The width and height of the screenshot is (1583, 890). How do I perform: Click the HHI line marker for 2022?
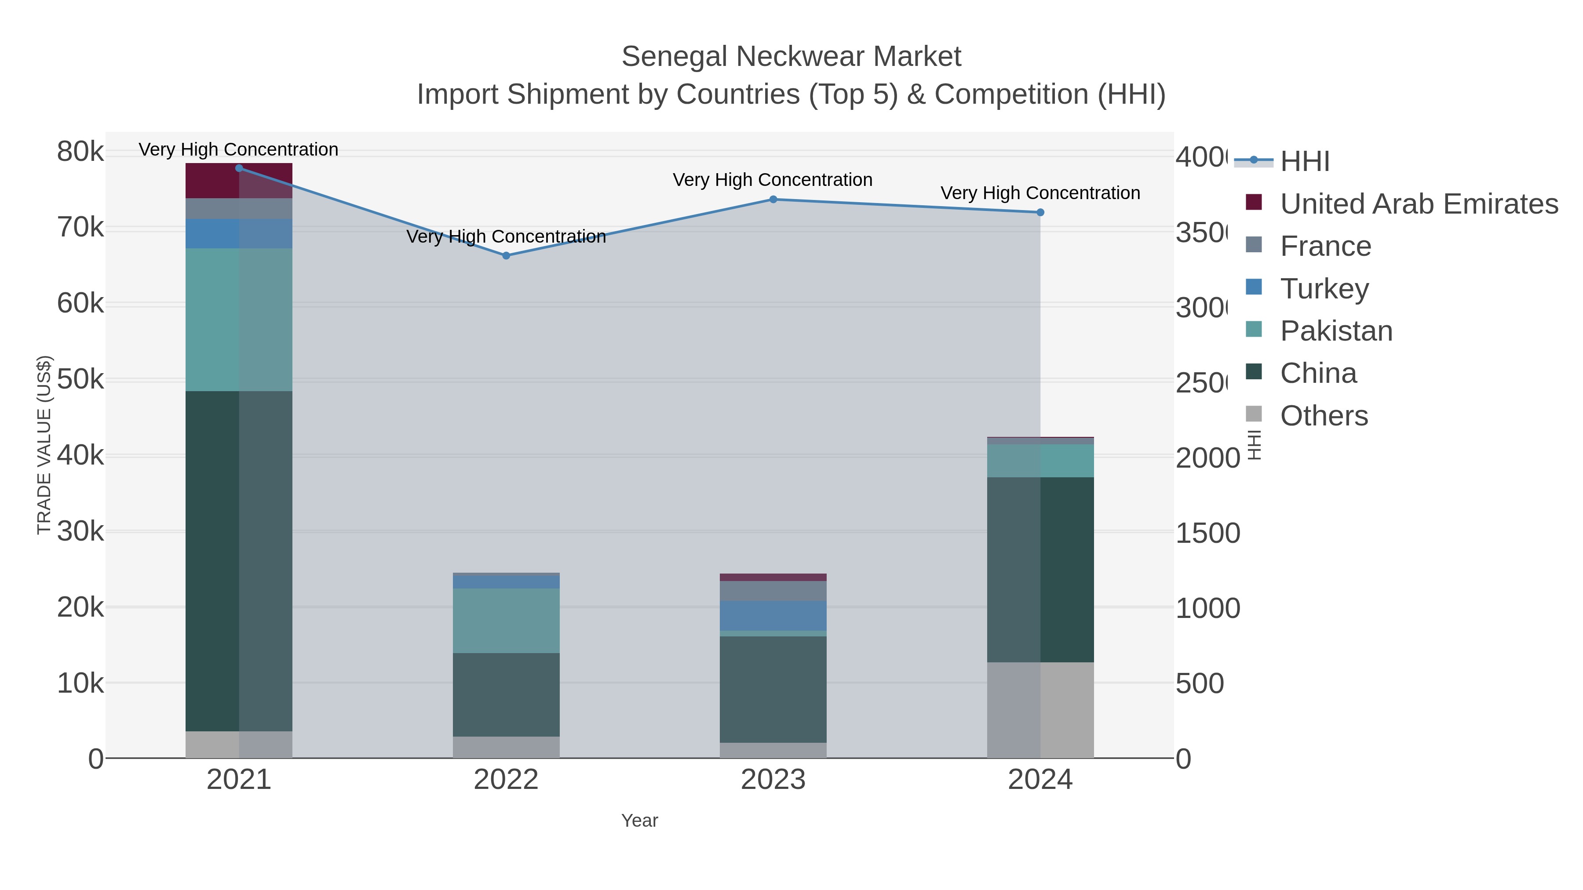point(506,255)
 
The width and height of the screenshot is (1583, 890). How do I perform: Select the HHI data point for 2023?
point(773,199)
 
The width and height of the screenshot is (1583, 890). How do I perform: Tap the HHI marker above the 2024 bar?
point(1040,213)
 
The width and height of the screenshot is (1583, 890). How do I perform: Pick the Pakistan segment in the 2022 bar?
point(506,620)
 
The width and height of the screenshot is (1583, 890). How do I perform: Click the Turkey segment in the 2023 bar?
point(773,615)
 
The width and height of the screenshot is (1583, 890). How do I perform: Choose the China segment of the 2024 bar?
point(1040,569)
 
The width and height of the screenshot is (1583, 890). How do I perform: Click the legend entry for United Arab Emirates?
point(1418,204)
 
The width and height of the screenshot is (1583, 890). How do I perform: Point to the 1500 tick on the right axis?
point(1207,533)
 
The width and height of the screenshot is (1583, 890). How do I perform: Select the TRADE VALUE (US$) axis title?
point(44,445)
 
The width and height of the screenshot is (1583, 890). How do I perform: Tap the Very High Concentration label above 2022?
point(506,236)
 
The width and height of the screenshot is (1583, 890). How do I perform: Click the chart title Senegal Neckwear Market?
point(791,57)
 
